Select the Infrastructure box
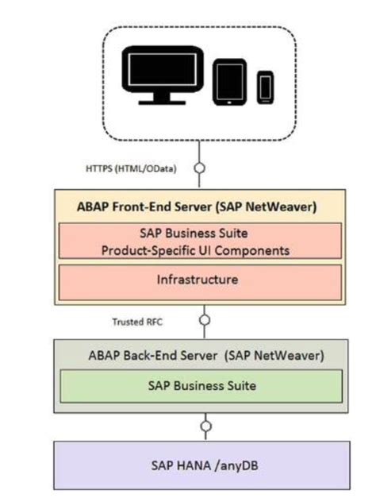pos(198,280)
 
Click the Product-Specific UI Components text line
pos(198,249)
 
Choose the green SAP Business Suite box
pos(198,385)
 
